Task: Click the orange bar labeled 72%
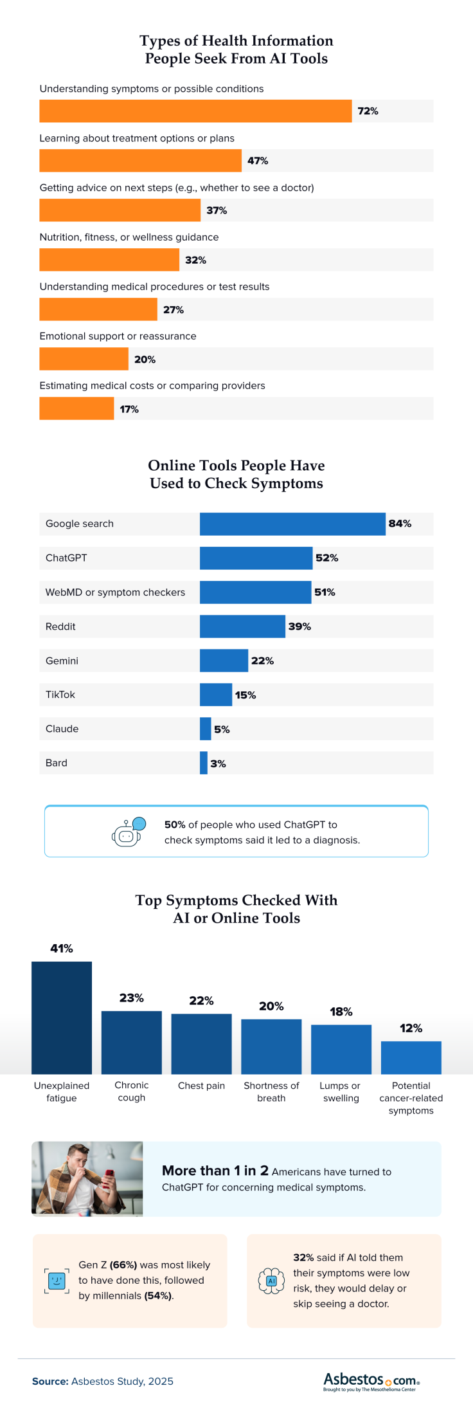195,111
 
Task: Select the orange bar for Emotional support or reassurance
84,359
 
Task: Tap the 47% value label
258,161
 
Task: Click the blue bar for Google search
292,524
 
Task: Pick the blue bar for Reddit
242,626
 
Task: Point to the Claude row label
62,729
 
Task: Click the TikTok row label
60,695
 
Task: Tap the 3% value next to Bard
218,763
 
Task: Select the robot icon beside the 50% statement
128,832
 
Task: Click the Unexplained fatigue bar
62,1018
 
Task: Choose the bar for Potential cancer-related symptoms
411,1057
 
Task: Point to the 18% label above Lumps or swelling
341,1012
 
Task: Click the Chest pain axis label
201,1086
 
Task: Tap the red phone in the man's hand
108,1176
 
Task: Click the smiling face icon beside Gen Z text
57,1280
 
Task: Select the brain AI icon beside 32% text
271,1281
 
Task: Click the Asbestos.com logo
371,1381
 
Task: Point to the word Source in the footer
50,1381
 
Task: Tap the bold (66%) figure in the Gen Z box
123,1264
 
